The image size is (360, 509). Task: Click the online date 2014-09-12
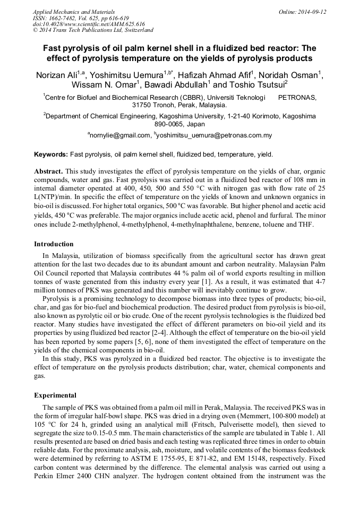tap(309, 12)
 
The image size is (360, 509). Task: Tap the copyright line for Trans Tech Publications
tap(93, 30)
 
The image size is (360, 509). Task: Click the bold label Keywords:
tap(51, 154)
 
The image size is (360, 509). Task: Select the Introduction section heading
tap(54, 244)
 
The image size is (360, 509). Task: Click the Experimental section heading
tap(55, 395)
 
